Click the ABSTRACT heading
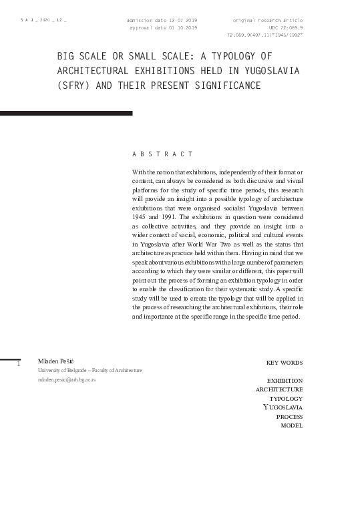[162, 154]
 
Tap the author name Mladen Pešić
[56, 361]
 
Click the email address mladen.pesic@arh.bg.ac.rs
[67, 379]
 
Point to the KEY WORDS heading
[284, 363]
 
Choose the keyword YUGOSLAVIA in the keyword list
[283, 407]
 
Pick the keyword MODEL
[291, 425]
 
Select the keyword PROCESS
[289, 416]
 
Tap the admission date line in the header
[162, 21]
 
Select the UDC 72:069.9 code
[286, 28]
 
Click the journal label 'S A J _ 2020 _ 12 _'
[43, 21]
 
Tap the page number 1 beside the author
[18, 364]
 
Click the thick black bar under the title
[66, 114]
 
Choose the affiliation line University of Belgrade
[89, 370]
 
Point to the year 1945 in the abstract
[140, 217]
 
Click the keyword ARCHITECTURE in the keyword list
[279, 389]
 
